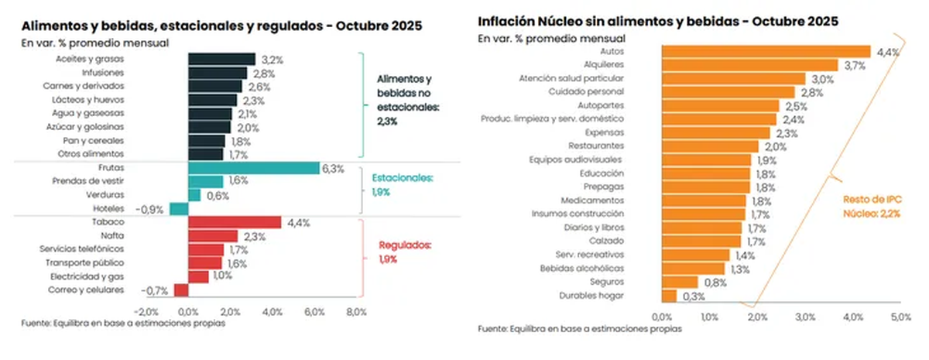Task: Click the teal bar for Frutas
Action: click(x=253, y=168)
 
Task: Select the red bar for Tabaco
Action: click(x=235, y=222)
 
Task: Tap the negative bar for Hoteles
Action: click(x=179, y=208)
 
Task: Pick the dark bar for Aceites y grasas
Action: click(x=221, y=59)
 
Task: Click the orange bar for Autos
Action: click(x=766, y=52)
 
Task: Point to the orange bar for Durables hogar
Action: click(x=669, y=295)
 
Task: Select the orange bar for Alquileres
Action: click(x=749, y=65)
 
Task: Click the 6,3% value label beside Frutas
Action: click(x=334, y=168)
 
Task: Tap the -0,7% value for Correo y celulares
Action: click(x=155, y=290)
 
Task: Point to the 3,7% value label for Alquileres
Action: click(x=855, y=65)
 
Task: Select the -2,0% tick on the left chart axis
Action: click(x=146, y=312)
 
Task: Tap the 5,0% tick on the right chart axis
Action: click(x=901, y=317)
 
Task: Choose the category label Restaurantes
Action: click(x=596, y=146)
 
